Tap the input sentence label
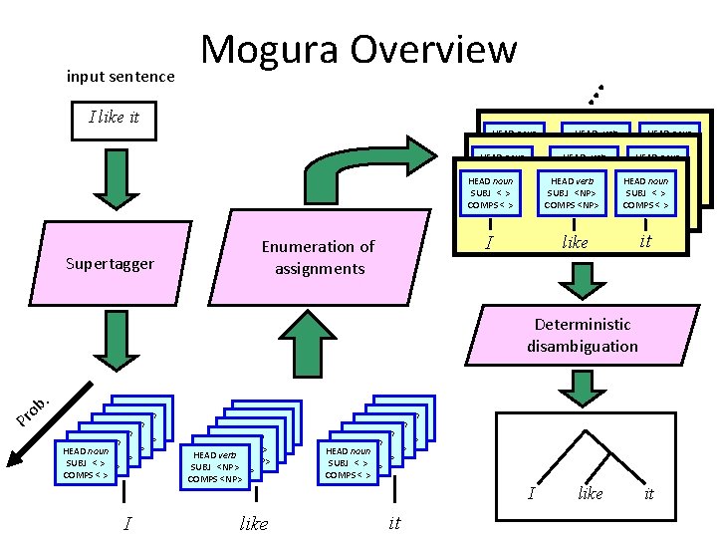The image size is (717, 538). (x=119, y=77)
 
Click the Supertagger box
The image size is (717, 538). (x=111, y=263)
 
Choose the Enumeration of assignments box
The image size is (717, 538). (x=318, y=257)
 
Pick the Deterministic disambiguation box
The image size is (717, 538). (x=583, y=335)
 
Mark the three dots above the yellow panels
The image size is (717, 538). (x=595, y=94)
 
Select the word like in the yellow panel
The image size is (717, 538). (x=575, y=242)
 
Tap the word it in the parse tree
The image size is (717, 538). (x=649, y=494)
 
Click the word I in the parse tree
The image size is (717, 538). (x=532, y=494)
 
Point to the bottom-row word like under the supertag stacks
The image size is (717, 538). (x=254, y=522)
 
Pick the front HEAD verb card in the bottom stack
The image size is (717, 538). (x=218, y=466)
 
